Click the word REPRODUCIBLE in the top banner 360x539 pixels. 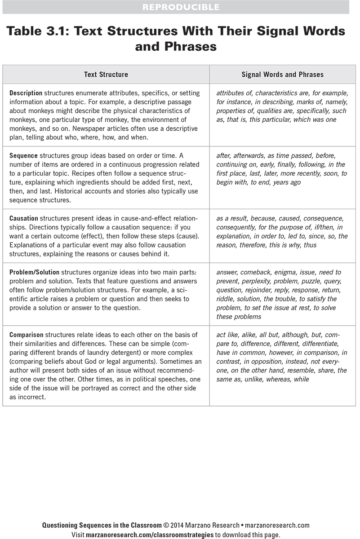181,7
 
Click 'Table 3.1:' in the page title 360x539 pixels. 38,31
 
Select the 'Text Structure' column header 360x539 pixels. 106,75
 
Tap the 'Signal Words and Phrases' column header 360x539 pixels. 282,75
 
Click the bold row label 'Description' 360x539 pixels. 26,93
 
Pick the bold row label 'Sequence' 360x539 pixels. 24,156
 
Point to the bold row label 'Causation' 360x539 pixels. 25,219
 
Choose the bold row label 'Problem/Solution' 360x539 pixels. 35,272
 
